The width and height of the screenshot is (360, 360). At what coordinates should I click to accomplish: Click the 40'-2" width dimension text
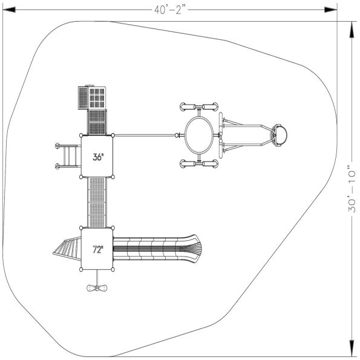169,10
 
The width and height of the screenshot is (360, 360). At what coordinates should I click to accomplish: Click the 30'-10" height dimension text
352,189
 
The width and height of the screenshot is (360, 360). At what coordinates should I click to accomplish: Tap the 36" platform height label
98,157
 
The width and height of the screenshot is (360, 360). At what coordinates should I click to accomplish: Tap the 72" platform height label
98,249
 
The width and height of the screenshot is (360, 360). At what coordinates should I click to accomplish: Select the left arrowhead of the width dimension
9,10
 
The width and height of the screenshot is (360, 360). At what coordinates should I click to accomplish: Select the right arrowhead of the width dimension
330,10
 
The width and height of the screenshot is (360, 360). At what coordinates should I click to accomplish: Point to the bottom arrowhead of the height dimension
352,349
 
